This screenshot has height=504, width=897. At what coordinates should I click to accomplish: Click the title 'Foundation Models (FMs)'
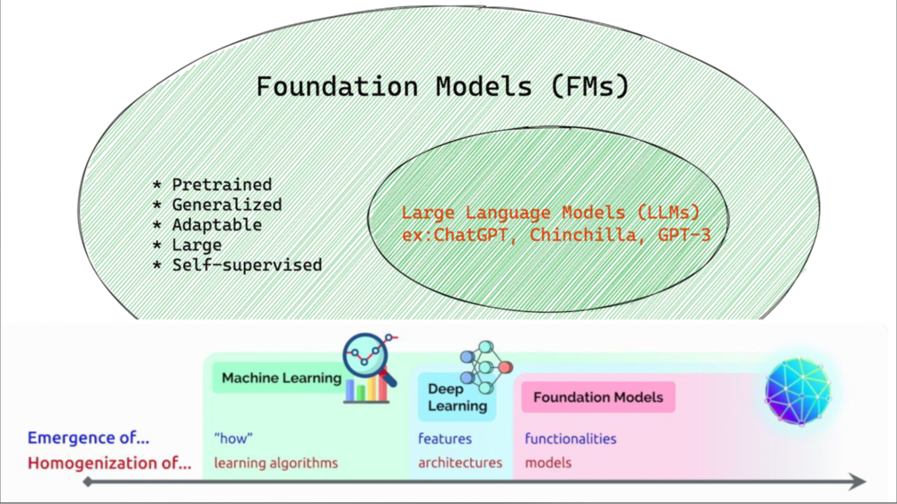tap(442, 87)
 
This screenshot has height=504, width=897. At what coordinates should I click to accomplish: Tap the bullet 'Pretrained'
tap(222, 185)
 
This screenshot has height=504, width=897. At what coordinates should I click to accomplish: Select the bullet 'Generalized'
tap(227, 204)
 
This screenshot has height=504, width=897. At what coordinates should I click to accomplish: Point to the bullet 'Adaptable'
tap(216, 224)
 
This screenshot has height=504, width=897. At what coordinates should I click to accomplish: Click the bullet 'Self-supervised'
tap(247, 265)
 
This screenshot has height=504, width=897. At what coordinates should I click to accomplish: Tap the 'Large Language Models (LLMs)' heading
tap(550, 213)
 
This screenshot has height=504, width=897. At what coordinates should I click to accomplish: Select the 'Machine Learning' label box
tap(281, 378)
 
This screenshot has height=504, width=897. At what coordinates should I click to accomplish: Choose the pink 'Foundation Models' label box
tap(598, 397)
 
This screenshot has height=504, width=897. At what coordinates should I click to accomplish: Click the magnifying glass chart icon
tap(369, 368)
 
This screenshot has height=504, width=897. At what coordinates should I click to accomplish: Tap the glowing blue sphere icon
tap(797, 389)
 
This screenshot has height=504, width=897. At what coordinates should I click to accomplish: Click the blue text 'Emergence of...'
tap(88, 439)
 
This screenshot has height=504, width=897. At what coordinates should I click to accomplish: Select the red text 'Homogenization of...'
tap(109, 464)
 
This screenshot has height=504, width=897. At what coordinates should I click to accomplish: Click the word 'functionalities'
tap(570, 439)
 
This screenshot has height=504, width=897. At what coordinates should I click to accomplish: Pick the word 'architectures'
tap(460, 464)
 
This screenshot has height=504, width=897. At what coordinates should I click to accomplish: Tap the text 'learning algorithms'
tap(276, 464)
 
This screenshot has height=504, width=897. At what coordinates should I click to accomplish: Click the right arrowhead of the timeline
tap(858, 482)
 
